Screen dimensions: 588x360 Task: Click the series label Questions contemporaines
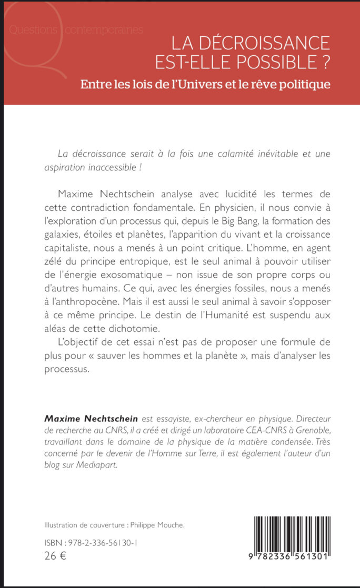tap(77, 30)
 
